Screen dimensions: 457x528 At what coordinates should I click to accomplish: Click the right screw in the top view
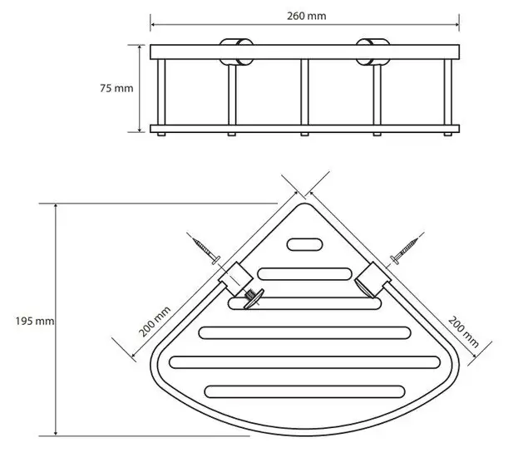pos(405,250)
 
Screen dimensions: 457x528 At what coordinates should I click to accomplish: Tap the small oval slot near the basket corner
pos(305,244)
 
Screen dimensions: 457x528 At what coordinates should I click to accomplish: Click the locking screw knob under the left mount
pos(249,297)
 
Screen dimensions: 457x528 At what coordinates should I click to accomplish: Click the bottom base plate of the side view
pos(304,129)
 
